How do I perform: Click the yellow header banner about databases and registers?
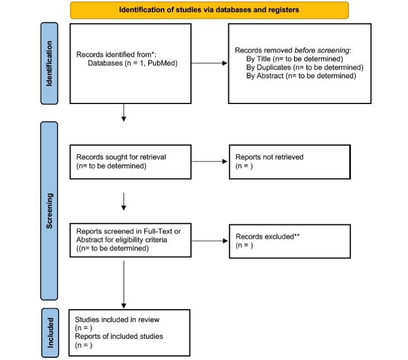pos(209,10)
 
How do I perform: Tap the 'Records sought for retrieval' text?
pos(121,157)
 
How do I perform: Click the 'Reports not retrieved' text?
pos(269,157)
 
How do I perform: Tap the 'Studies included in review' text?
pos(117,320)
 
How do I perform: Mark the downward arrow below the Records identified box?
pos(124,112)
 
